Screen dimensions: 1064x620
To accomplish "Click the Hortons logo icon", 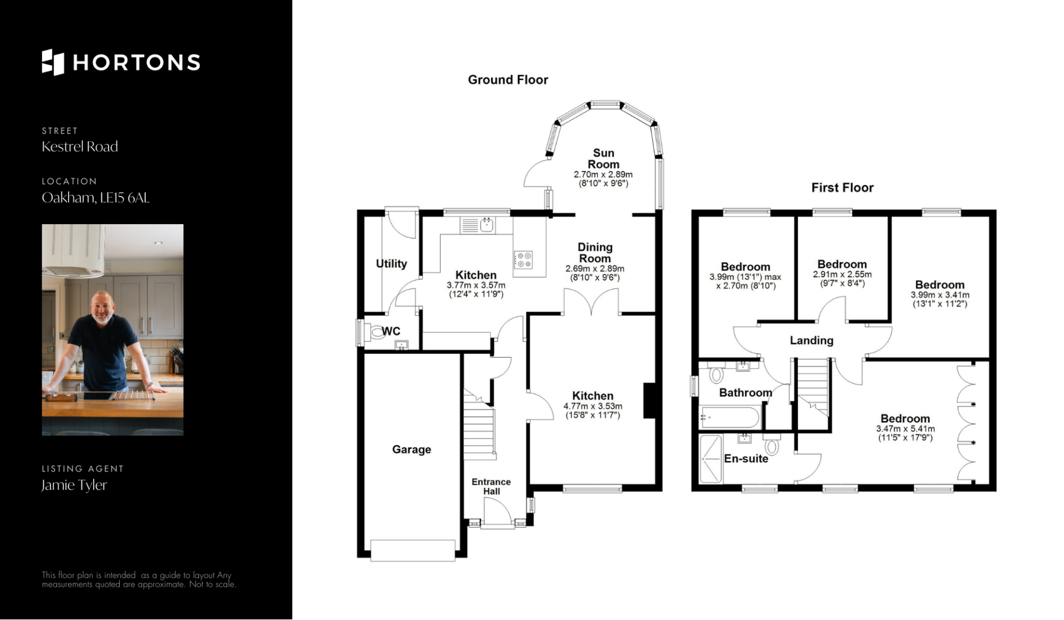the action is click(x=53, y=62).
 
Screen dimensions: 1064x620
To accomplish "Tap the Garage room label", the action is click(x=412, y=449).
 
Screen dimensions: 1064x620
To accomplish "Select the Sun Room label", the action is click(x=603, y=159).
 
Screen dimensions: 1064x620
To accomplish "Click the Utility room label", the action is click(x=391, y=264).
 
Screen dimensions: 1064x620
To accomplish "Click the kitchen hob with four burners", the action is click(x=523, y=260).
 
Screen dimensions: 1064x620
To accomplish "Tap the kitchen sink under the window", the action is click(x=478, y=225).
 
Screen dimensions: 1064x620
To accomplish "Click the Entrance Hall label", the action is click(x=492, y=487).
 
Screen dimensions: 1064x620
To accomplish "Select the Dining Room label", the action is click(x=595, y=252).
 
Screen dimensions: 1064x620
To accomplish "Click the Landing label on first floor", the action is click(x=811, y=340).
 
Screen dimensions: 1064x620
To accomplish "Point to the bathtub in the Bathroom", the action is click(x=730, y=417).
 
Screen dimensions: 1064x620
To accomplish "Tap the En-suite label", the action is click(x=746, y=458).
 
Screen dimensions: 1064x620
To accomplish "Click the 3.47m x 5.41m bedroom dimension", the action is click(x=906, y=433).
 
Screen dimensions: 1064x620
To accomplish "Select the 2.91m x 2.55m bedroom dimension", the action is click(x=842, y=278).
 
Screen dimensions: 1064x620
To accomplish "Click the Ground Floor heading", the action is click(x=508, y=80).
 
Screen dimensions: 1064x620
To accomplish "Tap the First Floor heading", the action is click(x=842, y=188).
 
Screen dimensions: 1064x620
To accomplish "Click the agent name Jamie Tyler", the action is click(x=74, y=485).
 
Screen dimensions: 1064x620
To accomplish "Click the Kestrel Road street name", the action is click(x=80, y=146).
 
